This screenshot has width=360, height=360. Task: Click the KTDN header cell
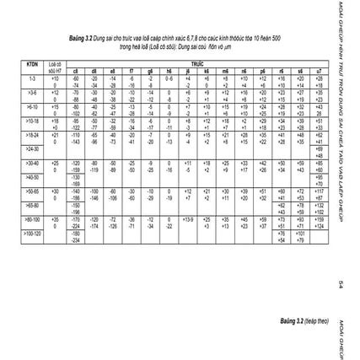click(x=33, y=64)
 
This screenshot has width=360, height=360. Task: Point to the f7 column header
click(x=132, y=70)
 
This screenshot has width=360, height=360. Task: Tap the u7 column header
click(x=320, y=70)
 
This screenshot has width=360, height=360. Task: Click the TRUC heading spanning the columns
click(x=196, y=63)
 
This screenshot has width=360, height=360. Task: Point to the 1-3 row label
click(x=33, y=78)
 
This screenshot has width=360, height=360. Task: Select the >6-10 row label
click(x=33, y=107)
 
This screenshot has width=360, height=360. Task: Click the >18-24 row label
click(x=33, y=134)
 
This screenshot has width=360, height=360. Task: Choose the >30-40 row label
click(x=33, y=163)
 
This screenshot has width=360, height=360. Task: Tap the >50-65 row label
click(x=33, y=191)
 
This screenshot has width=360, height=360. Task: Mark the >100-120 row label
click(x=33, y=234)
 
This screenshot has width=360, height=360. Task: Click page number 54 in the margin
click(x=340, y=283)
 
